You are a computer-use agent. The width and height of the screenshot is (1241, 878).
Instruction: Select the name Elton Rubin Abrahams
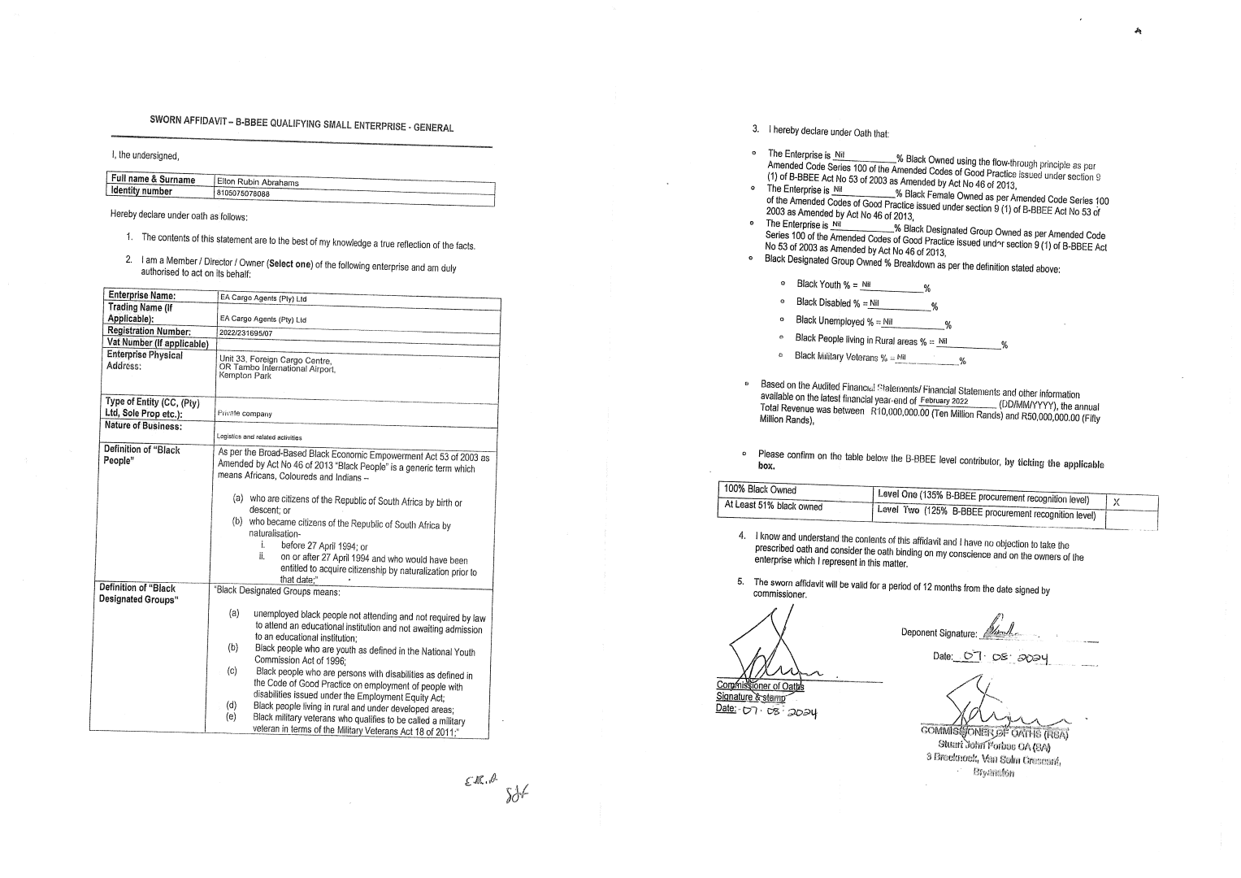[x=258, y=182]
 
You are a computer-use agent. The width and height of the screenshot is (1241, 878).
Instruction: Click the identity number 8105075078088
[x=243, y=193]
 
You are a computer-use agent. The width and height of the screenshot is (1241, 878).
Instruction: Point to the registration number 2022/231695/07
[x=245, y=333]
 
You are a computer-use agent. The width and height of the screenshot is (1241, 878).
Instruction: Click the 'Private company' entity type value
[x=244, y=413]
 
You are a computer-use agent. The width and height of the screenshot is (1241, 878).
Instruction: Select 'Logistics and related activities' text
[x=249, y=437]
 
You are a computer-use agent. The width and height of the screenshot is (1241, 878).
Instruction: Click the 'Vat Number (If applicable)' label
[x=158, y=343]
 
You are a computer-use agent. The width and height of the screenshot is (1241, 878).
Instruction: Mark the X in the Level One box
[x=1116, y=502]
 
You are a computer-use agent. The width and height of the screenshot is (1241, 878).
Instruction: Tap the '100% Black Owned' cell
[x=761, y=489]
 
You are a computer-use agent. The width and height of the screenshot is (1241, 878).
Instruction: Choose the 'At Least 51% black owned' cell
[x=773, y=506]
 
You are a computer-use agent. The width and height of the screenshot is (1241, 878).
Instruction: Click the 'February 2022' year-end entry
[x=944, y=401]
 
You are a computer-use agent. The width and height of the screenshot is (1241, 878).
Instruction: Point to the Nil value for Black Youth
[x=866, y=285]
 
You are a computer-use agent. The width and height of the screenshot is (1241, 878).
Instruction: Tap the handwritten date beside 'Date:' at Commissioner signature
[x=779, y=712]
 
